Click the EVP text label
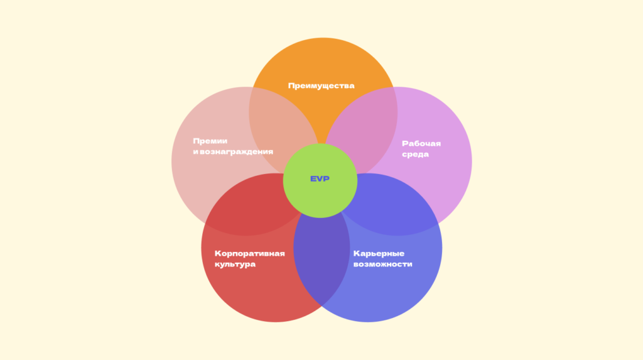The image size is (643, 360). pyautogui.click(x=320, y=179)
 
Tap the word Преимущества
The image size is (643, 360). pyautogui.click(x=321, y=85)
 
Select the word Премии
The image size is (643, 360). pyautogui.click(x=210, y=141)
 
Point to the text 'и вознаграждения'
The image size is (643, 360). pyautogui.click(x=233, y=152)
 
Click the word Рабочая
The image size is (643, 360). pyautogui.click(x=421, y=143)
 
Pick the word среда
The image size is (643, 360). pyautogui.click(x=415, y=155)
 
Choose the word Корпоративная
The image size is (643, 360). pyautogui.click(x=250, y=253)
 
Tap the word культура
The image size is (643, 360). pyautogui.click(x=235, y=265)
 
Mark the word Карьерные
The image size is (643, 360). pyautogui.click(x=379, y=253)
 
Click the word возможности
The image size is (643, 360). pyautogui.click(x=382, y=265)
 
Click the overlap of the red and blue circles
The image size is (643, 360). pyautogui.click(x=321, y=264)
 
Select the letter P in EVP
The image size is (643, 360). pyautogui.click(x=327, y=179)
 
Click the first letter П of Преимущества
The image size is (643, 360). pyautogui.click(x=291, y=85)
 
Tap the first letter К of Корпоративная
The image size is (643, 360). pyautogui.click(x=217, y=253)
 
